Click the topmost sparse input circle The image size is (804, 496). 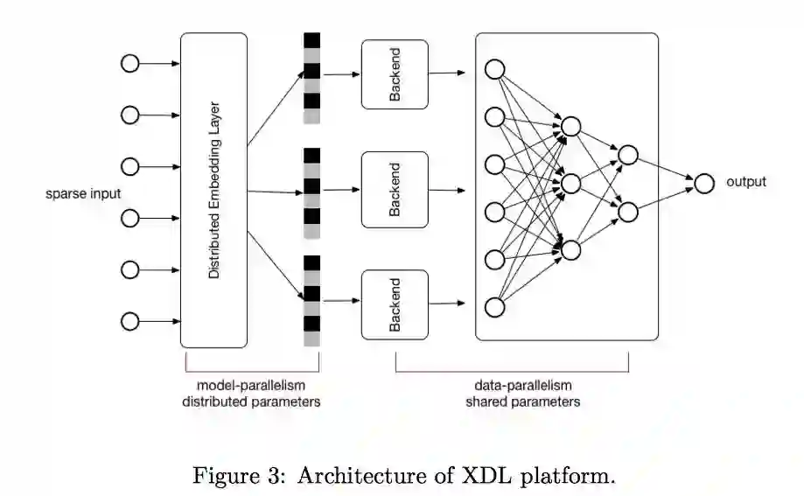tap(129, 64)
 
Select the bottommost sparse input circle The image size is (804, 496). tap(129, 322)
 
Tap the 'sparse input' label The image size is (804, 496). tap(83, 193)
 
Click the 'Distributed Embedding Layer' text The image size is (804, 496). tap(214, 191)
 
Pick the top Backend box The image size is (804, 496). tap(395, 74)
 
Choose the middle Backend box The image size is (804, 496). tap(395, 189)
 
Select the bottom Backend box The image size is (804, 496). tap(395, 304)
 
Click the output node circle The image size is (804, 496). tap(703, 183)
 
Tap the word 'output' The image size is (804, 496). tap(745, 182)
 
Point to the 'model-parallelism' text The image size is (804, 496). tap(251, 385)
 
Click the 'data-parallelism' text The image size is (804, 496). tap(522, 385)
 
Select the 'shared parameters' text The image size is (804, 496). tap(522, 402)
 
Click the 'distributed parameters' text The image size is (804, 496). tap(251, 402)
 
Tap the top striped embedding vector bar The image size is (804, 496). tap(311, 77)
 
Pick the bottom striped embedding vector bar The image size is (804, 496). tap(311, 300)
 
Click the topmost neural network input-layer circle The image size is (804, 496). tap(494, 70)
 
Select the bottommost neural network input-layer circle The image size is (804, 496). tap(494, 306)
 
